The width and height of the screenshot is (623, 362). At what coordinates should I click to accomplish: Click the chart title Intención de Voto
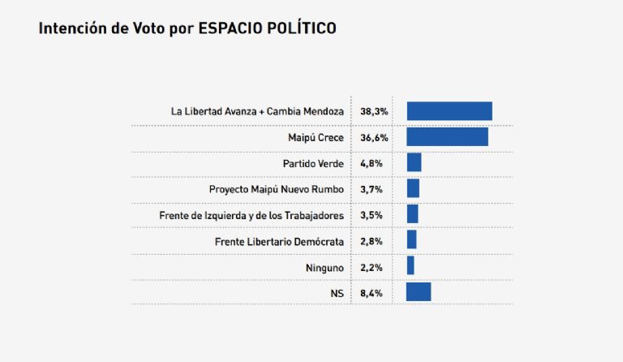pos(187,28)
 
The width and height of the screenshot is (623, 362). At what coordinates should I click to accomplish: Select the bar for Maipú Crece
pos(447,137)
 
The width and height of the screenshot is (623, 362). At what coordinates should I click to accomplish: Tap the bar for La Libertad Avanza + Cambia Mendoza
pos(449,111)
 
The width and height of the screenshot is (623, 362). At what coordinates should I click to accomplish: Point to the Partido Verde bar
pos(414,162)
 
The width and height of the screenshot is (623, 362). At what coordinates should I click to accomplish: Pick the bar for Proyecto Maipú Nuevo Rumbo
pos(413,188)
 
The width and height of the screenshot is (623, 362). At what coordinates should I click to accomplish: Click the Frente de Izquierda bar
pos(412,214)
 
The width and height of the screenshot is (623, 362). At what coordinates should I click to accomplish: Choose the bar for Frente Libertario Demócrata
pos(411,240)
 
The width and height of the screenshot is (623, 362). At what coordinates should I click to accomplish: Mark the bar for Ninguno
pos(410,266)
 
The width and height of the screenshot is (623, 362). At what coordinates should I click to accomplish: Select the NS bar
pos(419,292)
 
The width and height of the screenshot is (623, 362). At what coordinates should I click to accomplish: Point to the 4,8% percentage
pos(371,163)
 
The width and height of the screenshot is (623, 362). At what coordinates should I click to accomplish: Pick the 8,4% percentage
pos(371,292)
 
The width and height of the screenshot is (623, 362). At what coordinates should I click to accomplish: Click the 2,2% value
pos(371,266)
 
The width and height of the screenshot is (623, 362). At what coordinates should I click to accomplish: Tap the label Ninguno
pos(324,266)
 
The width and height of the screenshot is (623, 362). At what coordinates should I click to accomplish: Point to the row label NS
pos(337,292)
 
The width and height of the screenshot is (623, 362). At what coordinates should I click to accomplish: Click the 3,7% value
pos(371,189)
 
